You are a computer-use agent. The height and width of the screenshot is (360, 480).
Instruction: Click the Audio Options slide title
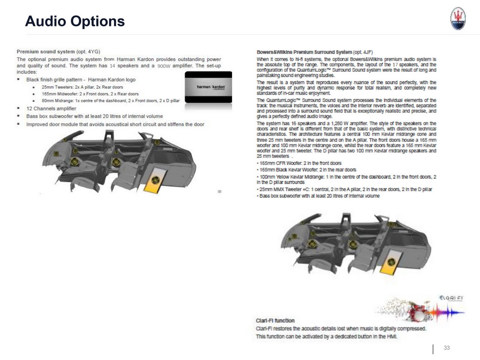[75, 21]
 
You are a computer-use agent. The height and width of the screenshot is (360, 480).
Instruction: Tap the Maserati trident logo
[458, 19]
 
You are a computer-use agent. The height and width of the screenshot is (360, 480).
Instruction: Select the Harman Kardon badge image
[208, 87]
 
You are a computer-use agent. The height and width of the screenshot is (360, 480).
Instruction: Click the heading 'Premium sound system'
[46, 52]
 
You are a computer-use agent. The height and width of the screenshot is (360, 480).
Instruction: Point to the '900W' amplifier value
[164, 66]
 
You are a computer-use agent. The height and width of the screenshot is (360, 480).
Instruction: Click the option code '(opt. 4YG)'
[88, 52]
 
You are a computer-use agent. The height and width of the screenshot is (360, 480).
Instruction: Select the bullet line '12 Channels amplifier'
[51, 109]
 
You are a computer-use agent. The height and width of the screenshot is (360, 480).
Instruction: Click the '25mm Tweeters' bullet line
[82, 87]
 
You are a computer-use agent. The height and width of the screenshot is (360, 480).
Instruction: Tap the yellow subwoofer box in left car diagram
[155, 180]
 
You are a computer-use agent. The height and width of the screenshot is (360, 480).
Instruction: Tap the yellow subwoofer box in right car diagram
[391, 262]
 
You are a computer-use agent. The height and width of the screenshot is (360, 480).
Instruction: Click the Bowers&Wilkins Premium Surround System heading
[304, 52]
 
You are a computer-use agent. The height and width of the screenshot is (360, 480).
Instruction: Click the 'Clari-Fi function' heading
[275, 320]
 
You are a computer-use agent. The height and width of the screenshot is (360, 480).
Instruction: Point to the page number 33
[447, 348]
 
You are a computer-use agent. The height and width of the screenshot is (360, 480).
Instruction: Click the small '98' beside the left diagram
[219, 191]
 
